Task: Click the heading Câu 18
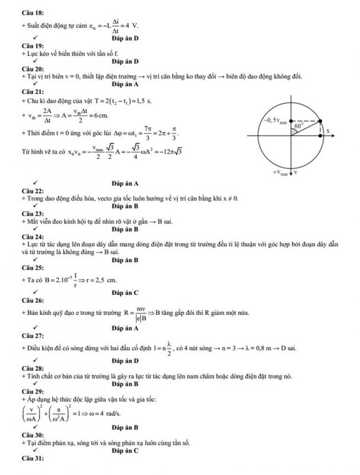coord(30,12)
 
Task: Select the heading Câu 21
coord(30,91)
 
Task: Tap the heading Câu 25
coord(30,268)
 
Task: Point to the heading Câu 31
coord(30,458)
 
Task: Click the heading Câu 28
coord(30,369)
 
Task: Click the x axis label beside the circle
coord(328,131)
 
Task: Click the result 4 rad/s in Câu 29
coord(101,413)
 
